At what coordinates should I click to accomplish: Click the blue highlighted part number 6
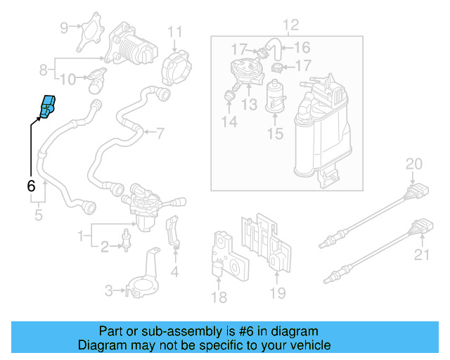[49, 106]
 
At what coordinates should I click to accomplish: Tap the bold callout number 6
[30, 186]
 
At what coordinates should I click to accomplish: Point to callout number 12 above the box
[290, 25]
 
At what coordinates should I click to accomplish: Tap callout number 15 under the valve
[278, 133]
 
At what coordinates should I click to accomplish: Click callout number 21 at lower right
[420, 255]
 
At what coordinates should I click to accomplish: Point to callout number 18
[219, 297]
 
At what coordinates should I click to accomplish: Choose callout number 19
[278, 293]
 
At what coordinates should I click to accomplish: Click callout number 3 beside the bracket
[108, 290]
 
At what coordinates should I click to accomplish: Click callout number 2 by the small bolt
[104, 247]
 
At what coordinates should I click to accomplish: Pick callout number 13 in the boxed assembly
[250, 105]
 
